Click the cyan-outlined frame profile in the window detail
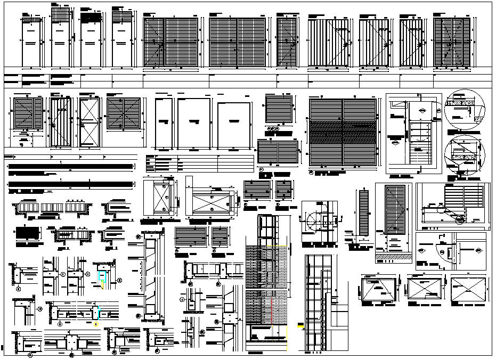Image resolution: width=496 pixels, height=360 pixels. click(102, 276)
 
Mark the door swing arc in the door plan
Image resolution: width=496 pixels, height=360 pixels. click(312, 218)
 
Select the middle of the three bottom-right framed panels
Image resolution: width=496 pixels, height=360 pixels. click(425, 290)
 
